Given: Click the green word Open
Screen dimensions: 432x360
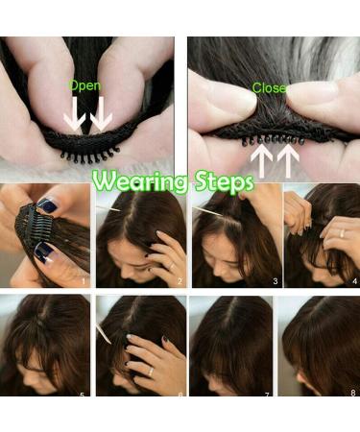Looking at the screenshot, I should tap(84, 85).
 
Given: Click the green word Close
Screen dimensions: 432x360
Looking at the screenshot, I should tap(270, 87).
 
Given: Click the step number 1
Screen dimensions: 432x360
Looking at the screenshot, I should tap(84, 281).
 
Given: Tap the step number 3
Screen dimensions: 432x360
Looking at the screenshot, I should tap(274, 281).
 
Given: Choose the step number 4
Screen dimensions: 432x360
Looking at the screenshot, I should tap(352, 281).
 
